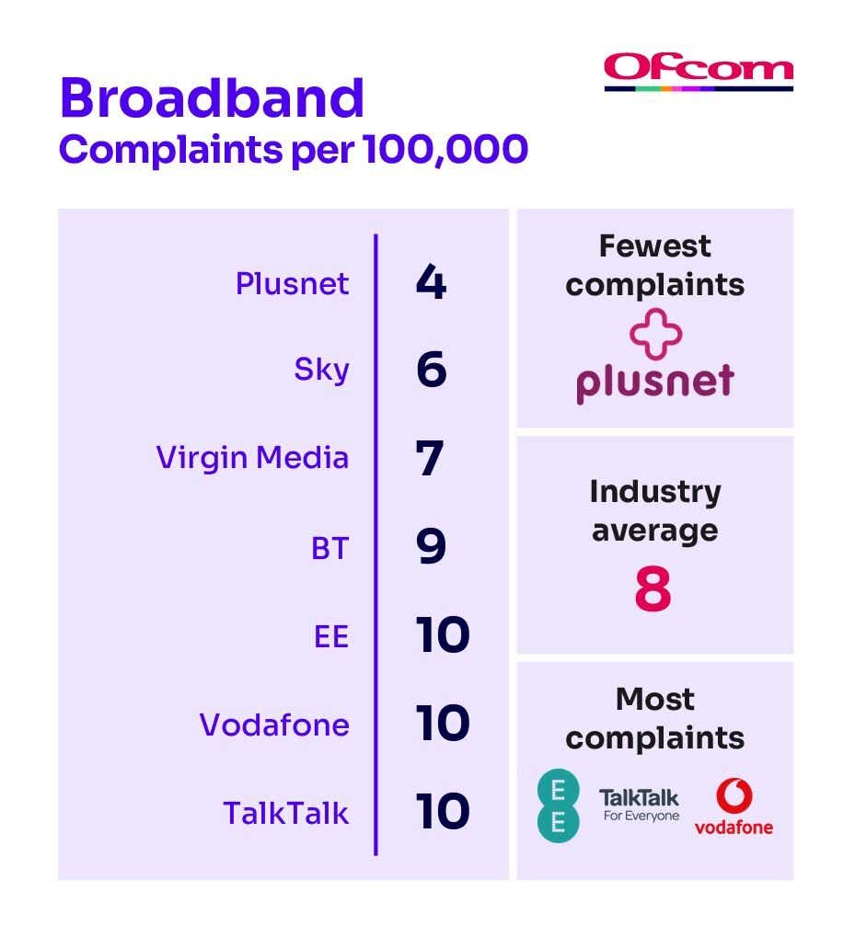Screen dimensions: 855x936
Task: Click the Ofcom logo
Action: (x=699, y=73)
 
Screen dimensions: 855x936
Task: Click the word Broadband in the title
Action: (x=212, y=97)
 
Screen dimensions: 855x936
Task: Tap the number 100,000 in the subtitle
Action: (x=445, y=149)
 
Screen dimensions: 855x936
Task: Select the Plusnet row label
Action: (x=292, y=283)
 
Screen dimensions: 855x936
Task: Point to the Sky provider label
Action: (x=321, y=371)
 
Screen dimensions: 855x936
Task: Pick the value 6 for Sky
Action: (x=432, y=369)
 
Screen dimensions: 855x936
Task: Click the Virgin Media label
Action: (x=252, y=458)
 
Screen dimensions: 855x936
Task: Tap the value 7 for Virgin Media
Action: (x=430, y=458)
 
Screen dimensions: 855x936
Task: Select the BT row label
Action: (x=329, y=548)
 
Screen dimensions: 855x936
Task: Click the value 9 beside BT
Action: (x=431, y=545)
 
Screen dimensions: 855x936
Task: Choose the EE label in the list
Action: (x=331, y=636)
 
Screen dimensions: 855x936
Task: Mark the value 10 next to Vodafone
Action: (x=443, y=723)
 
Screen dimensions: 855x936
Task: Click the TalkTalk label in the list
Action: (x=285, y=813)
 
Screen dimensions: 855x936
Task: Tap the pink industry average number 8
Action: (x=653, y=588)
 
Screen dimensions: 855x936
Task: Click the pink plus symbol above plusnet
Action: (x=655, y=335)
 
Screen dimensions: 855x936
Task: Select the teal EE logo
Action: (x=558, y=805)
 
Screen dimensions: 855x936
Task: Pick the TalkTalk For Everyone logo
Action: (x=640, y=805)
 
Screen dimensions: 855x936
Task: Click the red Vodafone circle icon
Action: (x=734, y=795)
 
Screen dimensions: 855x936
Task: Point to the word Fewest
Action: (x=655, y=245)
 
